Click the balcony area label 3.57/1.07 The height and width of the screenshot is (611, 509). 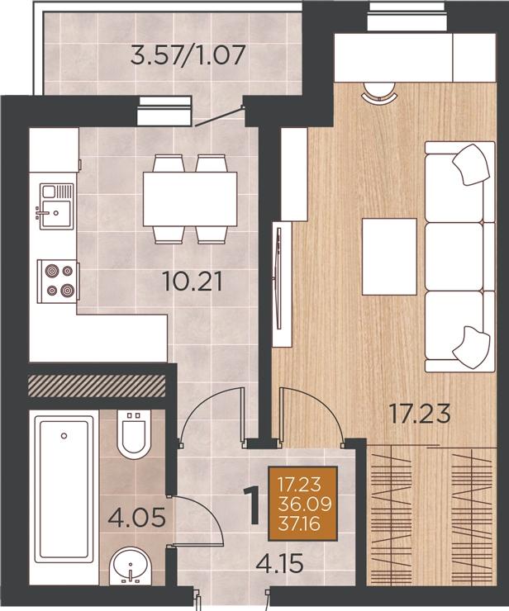[188, 55]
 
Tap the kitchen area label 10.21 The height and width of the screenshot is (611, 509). [193, 282]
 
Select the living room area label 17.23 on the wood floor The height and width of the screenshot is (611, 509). [421, 414]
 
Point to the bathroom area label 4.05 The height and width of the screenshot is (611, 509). [137, 518]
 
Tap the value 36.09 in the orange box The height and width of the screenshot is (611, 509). [304, 504]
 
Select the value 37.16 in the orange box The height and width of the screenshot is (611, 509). [299, 523]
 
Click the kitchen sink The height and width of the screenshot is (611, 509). [56, 206]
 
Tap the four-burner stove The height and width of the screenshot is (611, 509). [58, 281]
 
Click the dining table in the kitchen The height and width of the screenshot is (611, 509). [190, 199]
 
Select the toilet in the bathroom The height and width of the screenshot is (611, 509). [134, 434]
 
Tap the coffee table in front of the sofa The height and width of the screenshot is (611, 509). [389, 257]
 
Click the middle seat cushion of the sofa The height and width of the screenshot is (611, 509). [454, 257]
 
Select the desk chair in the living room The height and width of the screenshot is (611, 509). [378, 92]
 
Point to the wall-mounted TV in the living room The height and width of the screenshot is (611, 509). [278, 277]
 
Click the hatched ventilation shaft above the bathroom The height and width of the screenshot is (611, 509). [97, 386]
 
